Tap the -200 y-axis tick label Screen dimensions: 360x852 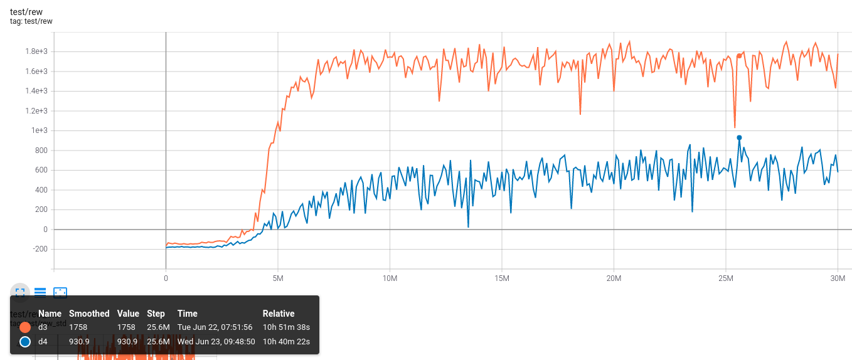41,249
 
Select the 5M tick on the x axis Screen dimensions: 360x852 278,277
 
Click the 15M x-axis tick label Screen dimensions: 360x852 501,277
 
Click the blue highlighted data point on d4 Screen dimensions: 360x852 739,137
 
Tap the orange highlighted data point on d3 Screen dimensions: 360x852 739,56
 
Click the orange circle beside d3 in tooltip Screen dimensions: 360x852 25,327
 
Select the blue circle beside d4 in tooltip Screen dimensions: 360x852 25,342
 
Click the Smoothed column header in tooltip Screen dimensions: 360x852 89,314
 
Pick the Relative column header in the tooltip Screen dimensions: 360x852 279,314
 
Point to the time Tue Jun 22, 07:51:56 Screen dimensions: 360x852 215,327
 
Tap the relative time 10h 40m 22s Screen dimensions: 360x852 286,342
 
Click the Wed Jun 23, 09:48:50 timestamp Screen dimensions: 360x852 216,342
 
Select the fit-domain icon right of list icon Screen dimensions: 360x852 60,292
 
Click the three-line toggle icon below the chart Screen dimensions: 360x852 40,292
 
